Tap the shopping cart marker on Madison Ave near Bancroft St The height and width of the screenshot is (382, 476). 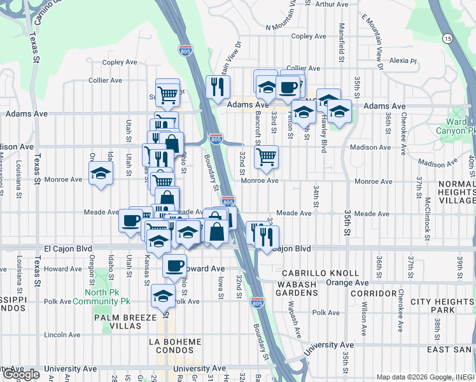point(266,155)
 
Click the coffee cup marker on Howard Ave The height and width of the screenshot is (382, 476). point(174,266)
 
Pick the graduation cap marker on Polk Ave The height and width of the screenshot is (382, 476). point(163,296)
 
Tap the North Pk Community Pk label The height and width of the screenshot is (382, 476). point(101,297)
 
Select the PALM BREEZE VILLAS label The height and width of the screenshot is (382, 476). point(126,321)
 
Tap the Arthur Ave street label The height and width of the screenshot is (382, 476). point(332,4)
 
